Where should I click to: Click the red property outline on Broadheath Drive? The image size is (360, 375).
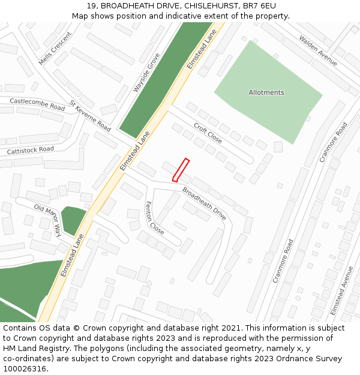coord(181,169)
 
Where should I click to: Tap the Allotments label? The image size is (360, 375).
coord(266,92)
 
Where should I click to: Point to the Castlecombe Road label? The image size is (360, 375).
coord(37,104)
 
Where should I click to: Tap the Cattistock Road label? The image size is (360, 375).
coord(30,149)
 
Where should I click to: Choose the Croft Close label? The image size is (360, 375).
coord(208,133)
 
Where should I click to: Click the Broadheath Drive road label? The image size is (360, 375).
coord(204,204)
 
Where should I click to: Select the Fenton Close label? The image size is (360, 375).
coord(154,218)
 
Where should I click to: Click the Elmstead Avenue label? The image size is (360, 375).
coord(342,290)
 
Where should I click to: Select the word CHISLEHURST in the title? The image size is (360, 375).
coord(213,6)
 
